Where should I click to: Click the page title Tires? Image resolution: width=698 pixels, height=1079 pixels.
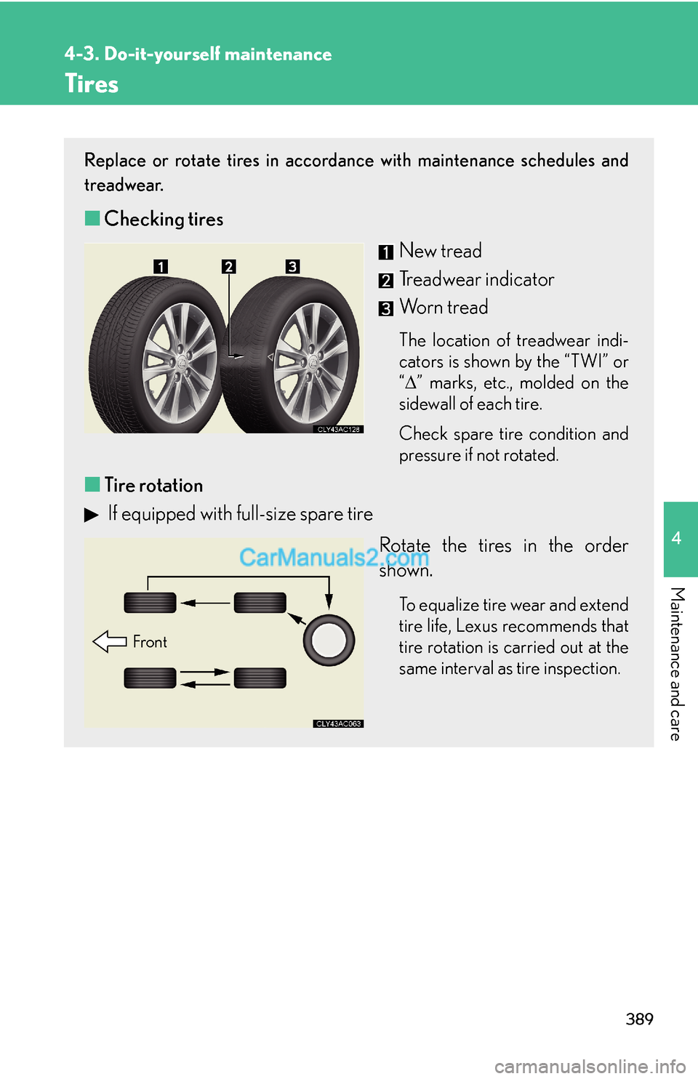click(x=91, y=84)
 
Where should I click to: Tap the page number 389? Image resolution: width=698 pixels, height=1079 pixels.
click(x=639, y=1019)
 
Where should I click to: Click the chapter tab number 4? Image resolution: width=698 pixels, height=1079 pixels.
click(x=676, y=538)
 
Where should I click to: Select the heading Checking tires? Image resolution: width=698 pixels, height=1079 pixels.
click(x=163, y=219)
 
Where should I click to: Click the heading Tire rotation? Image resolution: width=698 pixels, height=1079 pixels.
click(x=153, y=485)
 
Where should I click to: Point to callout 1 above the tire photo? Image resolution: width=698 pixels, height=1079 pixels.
click(x=161, y=267)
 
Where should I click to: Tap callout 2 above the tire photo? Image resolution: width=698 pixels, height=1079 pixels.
click(x=229, y=267)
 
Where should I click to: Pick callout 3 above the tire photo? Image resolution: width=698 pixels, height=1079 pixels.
click(x=292, y=267)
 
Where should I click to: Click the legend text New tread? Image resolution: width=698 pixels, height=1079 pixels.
click(x=440, y=251)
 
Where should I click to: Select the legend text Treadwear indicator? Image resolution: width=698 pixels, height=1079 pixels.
click(x=476, y=279)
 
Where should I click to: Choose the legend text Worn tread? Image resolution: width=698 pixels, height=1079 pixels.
click(x=444, y=308)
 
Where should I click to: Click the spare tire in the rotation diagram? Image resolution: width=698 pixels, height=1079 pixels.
click(x=329, y=641)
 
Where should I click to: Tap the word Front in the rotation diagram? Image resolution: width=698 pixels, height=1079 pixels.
click(x=150, y=642)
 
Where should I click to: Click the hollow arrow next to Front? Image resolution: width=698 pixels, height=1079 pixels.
click(x=110, y=641)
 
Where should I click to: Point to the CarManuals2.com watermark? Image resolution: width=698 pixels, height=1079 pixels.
click(x=334, y=558)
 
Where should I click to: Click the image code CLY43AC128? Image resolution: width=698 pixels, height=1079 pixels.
click(x=339, y=430)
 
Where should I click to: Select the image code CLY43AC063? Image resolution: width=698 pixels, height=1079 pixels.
click(x=339, y=723)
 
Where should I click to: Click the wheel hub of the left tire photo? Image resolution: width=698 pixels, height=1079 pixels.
click(x=179, y=361)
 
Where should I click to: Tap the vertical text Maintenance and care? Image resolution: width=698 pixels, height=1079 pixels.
click(x=676, y=663)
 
